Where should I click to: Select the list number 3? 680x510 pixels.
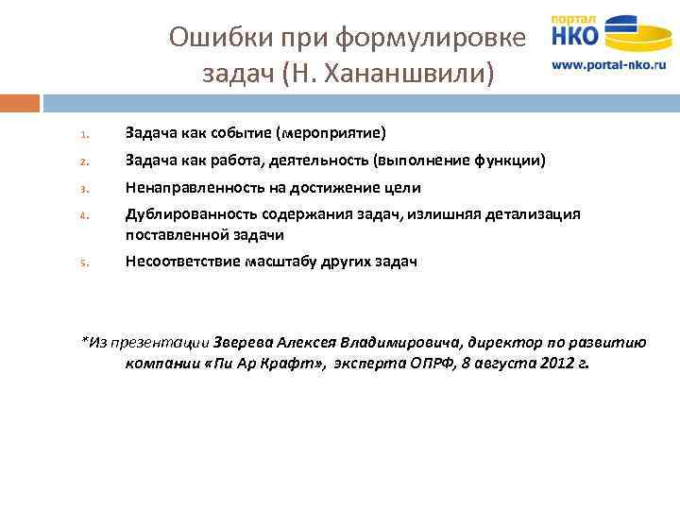coord(83,189)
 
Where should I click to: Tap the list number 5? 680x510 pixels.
coord(83,263)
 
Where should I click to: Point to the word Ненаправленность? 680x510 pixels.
coord(190,188)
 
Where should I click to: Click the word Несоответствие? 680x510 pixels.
coord(180,262)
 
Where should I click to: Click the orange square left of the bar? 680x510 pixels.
coord(20,102)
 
